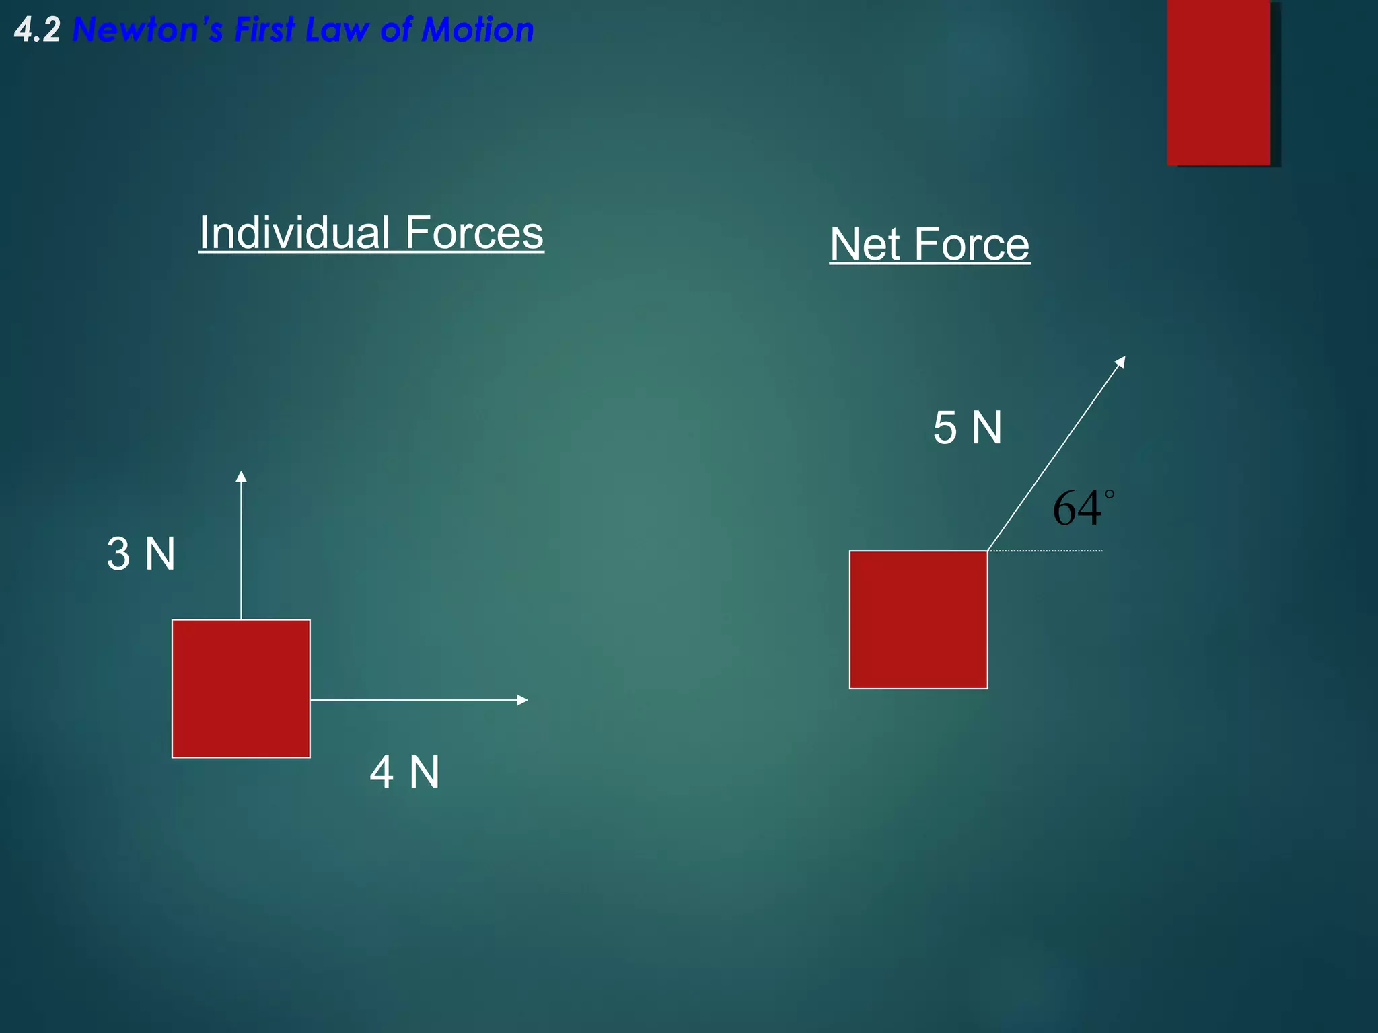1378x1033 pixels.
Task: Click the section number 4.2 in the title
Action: (38, 31)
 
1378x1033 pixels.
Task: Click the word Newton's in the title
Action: (147, 31)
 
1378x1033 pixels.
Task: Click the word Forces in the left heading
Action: (474, 233)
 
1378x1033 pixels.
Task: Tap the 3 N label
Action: (141, 554)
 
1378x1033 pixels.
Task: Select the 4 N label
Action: (404, 771)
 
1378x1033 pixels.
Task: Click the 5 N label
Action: (968, 428)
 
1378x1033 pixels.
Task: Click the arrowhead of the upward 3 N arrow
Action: (241, 477)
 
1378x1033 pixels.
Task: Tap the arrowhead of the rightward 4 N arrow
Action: (521, 700)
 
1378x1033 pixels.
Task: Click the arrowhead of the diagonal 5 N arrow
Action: (1120, 362)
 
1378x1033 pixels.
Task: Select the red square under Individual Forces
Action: (241, 689)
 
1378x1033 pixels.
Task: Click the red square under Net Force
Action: (918, 619)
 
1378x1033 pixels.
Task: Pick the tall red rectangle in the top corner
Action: (1219, 82)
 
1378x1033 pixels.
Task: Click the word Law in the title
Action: (336, 31)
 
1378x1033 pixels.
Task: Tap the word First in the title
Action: (264, 31)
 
